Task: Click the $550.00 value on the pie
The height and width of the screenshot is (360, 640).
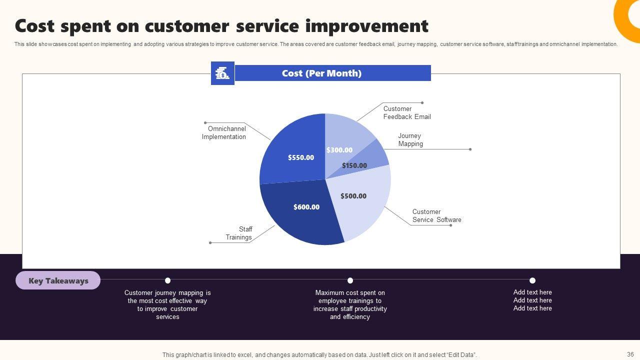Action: [x=301, y=157]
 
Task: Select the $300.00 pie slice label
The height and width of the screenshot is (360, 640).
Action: [x=339, y=150]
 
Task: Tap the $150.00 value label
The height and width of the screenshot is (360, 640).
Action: [x=354, y=165]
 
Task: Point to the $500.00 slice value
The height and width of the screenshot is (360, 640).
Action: [x=353, y=196]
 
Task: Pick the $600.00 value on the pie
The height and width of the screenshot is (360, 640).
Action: [x=306, y=207]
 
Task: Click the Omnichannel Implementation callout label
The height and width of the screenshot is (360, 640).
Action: [x=223, y=132]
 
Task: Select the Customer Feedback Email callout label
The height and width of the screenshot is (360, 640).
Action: [x=407, y=112]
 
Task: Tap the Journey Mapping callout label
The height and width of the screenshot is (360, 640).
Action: [x=410, y=139]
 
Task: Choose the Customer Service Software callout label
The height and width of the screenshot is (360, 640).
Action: [x=436, y=215]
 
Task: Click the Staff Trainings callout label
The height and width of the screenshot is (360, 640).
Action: [x=239, y=233]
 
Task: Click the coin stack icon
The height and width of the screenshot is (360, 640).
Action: [x=222, y=73]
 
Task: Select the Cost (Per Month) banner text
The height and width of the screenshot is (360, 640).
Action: [x=321, y=73]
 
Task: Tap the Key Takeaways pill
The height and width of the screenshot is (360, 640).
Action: [x=58, y=280]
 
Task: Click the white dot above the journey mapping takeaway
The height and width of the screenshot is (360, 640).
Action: [x=167, y=280]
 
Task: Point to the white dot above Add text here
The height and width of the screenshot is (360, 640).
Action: [x=532, y=280]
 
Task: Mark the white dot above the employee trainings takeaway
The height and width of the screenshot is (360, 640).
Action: [x=350, y=280]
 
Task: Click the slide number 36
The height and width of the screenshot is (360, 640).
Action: [x=630, y=354]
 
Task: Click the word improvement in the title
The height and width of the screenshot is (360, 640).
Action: [x=367, y=26]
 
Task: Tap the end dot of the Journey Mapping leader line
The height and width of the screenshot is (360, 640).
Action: [x=470, y=149]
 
